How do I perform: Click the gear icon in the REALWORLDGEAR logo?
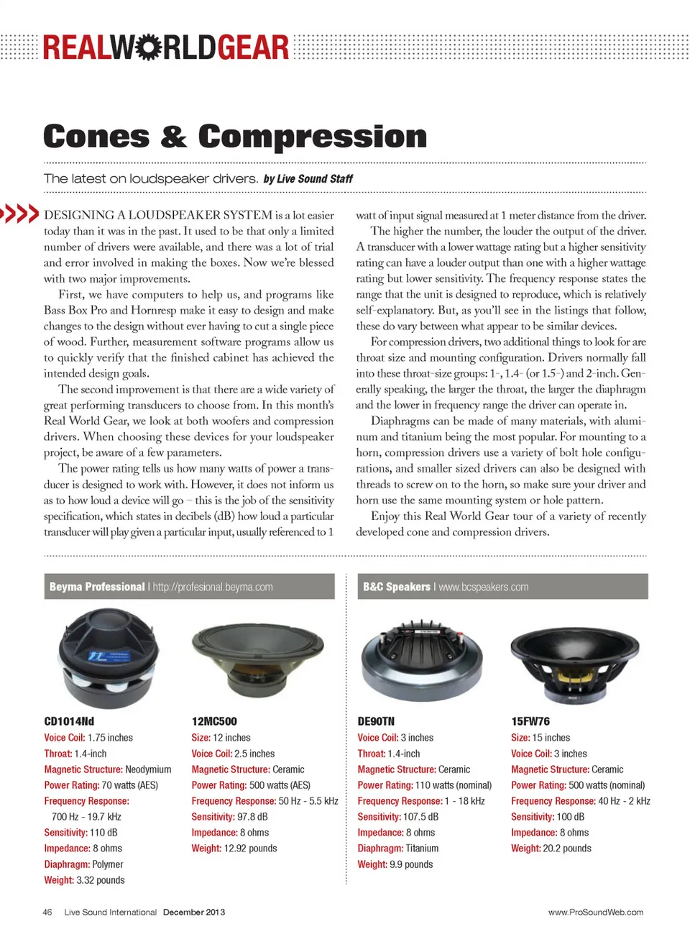[148, 47]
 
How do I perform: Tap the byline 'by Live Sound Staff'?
[308, 179]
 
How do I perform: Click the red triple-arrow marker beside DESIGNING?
[20, 214]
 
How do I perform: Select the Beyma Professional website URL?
[213, 587]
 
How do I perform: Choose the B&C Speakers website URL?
[484, 587]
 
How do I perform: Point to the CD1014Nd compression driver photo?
[108, 657]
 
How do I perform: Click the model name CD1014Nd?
[69, 721]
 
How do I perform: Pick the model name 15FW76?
[530, 721]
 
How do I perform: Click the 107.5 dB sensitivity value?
[420, 817]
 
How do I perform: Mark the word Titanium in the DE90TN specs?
[422, 849]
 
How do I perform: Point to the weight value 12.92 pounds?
[250, 849]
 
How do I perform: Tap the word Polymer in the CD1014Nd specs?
[108, 864]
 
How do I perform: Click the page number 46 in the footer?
[47, 912]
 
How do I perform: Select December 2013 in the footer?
[193, 912]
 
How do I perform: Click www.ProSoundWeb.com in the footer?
[596, 912]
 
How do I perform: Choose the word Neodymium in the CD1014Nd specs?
[148, 769]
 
